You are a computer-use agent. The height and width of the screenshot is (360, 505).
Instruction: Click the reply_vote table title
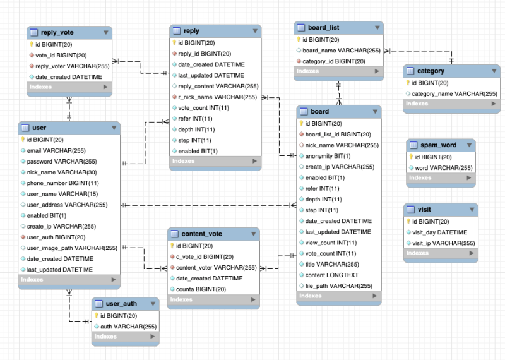[x=58, y=32]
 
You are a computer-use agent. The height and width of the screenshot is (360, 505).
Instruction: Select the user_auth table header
[x=121, y=303]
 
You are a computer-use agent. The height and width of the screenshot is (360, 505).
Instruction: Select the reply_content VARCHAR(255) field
[x=218, y=86]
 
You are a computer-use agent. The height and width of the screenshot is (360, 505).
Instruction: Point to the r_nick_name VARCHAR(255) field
[x=217, y=97]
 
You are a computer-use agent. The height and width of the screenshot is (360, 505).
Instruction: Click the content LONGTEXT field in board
[x=331, y=275]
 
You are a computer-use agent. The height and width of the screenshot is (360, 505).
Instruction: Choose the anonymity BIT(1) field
[x=328, y=155]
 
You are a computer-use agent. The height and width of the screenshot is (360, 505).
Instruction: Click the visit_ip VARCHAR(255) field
[x=444, y=243]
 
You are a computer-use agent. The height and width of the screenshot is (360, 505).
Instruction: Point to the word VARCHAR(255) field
[x=444, y=167]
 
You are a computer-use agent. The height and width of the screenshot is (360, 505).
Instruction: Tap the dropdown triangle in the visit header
[x=470, y=209]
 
